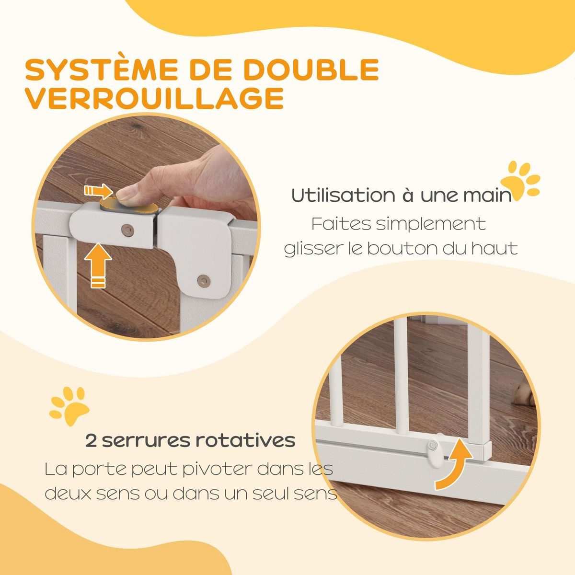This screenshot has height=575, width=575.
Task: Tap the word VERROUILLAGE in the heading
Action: pyautogui.click(x=154, y=99)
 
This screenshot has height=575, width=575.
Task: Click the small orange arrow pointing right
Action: pyautogui.click(x=99, y=191)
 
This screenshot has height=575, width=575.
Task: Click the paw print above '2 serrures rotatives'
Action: pyautogui.click(x=69, y=407)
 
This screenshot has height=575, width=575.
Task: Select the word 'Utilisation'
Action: pyautogui.click(x=339, y=196)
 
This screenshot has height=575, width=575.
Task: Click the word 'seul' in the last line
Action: pyautogui.click(x=267, y=494)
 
